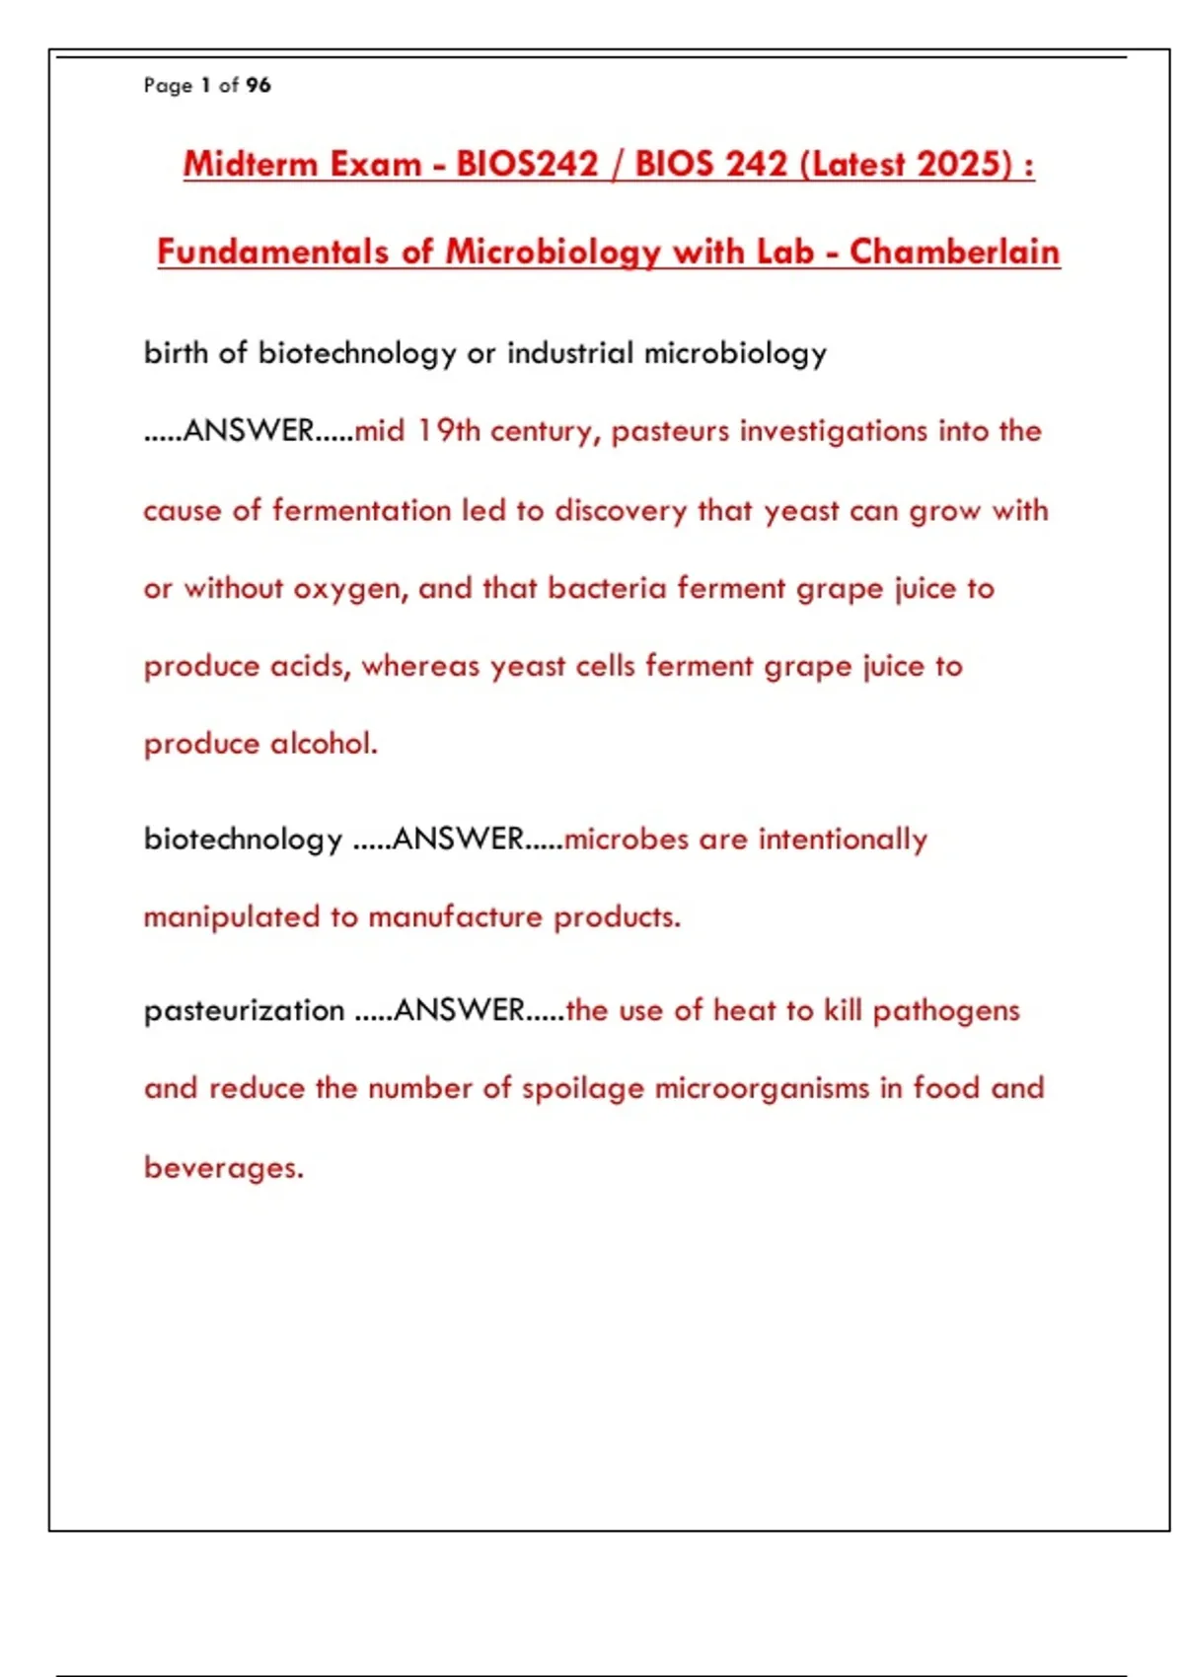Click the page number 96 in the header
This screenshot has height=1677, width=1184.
[x=259, y=86]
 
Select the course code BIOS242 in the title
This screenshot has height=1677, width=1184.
[x=527, y=164]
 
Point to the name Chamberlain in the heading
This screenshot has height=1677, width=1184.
[x=954, y=252]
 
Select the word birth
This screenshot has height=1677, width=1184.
[x=175, y=352]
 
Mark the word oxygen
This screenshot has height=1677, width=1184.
[x=350, y=589]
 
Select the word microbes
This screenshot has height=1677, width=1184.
[x=626, y=838]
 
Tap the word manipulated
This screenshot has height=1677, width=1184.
[x=231, y=917]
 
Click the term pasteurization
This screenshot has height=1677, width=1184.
[x=244, y=1010]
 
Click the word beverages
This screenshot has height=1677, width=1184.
[x=223, y=1168]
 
